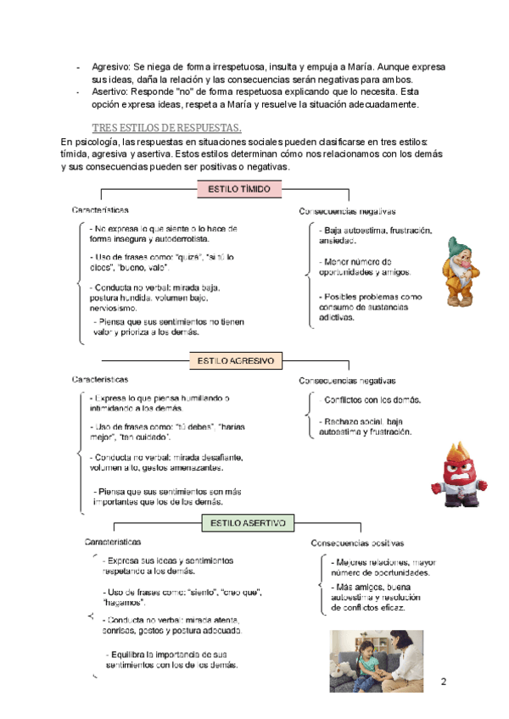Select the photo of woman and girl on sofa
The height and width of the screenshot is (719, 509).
pyautogui.click(x=383, y=660)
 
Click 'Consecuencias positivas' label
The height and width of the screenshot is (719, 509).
pyautogui.click(x=356, y=543)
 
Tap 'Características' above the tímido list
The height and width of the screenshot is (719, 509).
pyautogui.click(x=100, y=209)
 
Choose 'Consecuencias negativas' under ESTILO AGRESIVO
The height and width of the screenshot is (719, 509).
pyautogui.click(x=347, y=381)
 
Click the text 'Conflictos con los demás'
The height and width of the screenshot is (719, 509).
pyautogui.click(x=372, y=400)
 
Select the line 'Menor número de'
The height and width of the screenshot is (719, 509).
pyautogui.click(x=357, y=261)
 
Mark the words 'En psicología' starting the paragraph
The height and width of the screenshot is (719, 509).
pyautogui.click(x=90, y=142)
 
